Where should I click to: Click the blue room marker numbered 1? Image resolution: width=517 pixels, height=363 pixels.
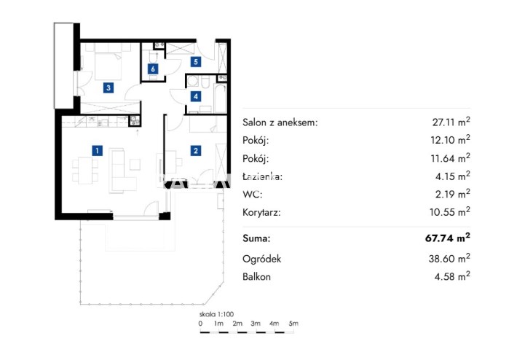click(x=97, y=151)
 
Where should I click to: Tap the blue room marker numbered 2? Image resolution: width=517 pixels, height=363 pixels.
click(x=196, y=151)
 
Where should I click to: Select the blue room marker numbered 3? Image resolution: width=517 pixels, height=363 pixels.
click(x=108, y=87)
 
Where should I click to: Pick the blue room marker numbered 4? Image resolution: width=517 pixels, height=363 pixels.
click(x=196, y=96)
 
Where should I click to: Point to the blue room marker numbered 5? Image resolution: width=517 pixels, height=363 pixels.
click(x=196, y=62)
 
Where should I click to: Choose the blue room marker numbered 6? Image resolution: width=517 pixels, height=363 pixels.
click(x=153, y=69)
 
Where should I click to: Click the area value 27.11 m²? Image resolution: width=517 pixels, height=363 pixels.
click(x=451, y=122)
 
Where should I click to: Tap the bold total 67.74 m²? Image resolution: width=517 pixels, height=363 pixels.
click(x=447, y=238)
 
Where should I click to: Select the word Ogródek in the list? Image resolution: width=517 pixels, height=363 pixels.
click(x=262, y=259)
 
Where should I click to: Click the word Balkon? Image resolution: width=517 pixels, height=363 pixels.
click(x=256, y=276)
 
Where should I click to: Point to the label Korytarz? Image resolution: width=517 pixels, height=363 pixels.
click(x=261, y=212)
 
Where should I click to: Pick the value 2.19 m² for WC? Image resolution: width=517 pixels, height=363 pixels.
click(x=452, y=194)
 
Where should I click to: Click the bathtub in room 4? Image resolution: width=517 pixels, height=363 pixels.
click(x=220, y=98)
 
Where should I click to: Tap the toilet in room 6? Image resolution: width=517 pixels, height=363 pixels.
click(x=154, y=56)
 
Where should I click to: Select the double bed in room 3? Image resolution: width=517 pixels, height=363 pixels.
click(x=108, y=66)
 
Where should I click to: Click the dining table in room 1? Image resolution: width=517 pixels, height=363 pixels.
click(x=85, y=171)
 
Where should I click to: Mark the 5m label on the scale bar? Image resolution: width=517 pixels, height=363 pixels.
click(x=293, y=324)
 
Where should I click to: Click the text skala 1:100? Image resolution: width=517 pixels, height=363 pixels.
click(x=216, y=314)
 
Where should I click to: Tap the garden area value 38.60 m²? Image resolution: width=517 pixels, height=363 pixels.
click(x=449, y=258)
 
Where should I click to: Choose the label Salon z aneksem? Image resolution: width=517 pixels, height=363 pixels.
click(x=280, y=122)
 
